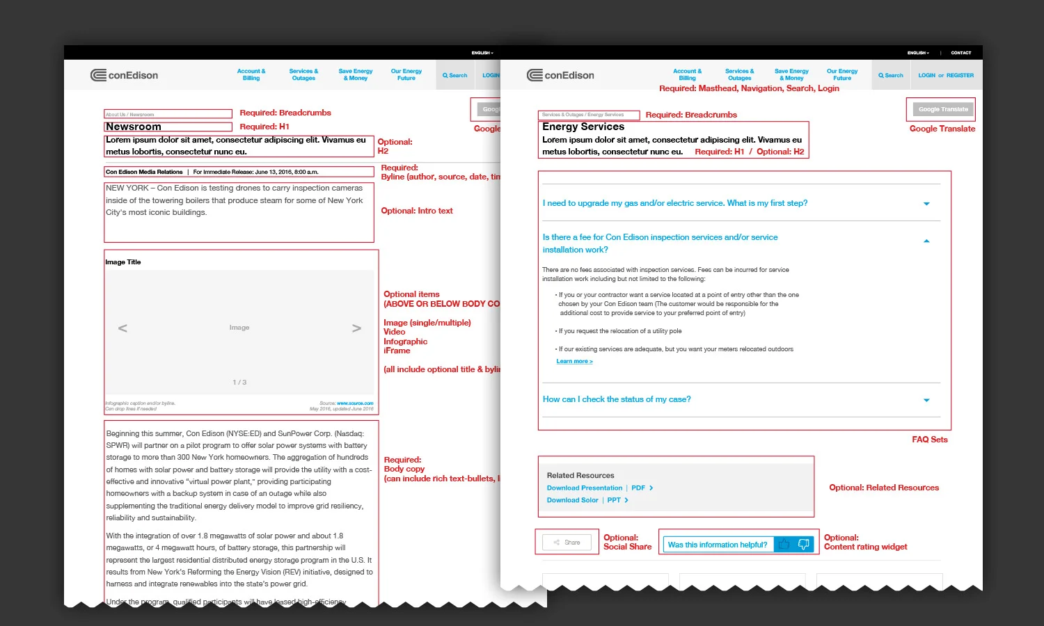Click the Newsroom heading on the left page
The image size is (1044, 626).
point(134,127)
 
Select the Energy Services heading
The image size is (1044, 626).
point(583,127)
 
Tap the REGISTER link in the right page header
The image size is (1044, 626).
point(960,75)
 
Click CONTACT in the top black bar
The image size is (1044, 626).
point(960,53)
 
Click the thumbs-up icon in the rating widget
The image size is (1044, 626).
point(784,545)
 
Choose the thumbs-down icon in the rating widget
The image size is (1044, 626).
point(803,545)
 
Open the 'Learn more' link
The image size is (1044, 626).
point(574,362)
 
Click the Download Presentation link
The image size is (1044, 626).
point(584,488)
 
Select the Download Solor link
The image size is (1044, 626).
point(572,500)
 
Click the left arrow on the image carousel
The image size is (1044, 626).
point(122,328)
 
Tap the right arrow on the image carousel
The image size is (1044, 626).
point(356,328)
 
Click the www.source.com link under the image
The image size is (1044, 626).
point(355,403)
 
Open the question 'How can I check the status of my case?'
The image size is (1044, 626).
point(617,399)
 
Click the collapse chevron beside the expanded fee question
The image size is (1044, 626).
point(926,241)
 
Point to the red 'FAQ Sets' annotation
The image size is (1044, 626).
point(929,440)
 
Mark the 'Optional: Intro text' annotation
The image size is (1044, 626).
point(416,211)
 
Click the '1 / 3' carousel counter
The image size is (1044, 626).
point(239,383)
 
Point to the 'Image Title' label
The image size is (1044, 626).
point(123,262)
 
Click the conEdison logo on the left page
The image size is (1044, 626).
point(125,75)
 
